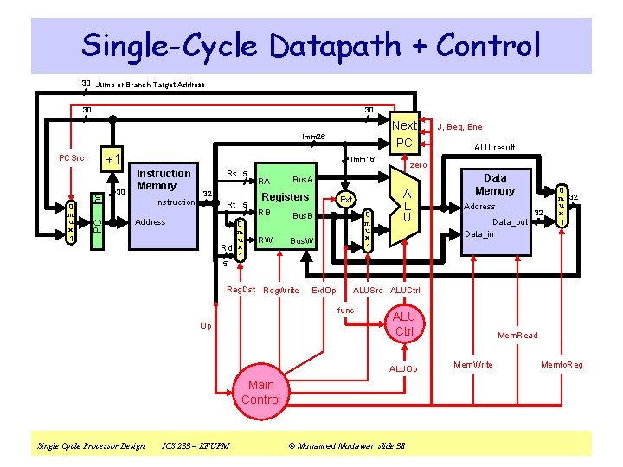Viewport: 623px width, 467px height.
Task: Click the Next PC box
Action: click(404, 133)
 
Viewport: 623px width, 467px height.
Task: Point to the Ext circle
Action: click(345, 200)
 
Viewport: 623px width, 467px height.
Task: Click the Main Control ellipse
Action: click(260, 392)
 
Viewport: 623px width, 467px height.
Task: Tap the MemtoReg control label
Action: click(562, 365)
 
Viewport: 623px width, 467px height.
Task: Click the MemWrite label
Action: click(473, 365)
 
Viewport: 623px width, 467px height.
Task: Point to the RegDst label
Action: click(241, 290)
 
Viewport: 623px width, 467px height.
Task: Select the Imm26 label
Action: click(313, 137)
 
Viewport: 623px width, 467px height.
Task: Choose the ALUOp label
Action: click(402, 368)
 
